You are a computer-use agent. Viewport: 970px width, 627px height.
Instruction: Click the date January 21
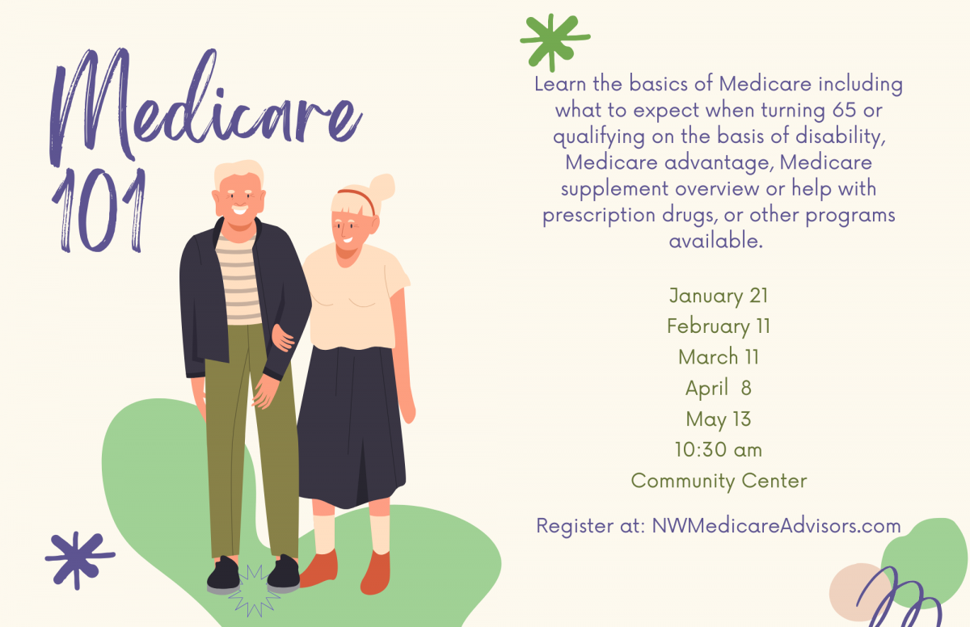coord(719,296)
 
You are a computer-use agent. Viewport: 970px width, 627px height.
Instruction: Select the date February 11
coord(719,326)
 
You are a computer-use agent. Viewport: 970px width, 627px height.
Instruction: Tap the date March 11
coord(719,357)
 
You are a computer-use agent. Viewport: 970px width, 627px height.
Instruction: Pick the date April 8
coord(719,389)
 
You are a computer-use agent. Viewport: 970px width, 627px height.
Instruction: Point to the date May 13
coord(719,419)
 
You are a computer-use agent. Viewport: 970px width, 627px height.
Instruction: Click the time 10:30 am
coord(719,450)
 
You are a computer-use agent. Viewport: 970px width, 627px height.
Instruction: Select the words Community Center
coord(719,482)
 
